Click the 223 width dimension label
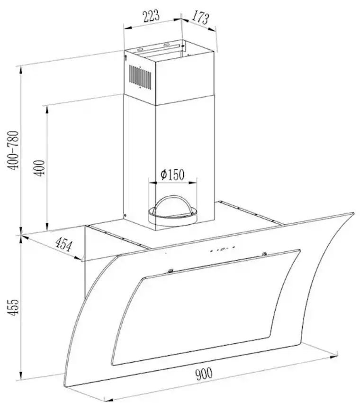151,16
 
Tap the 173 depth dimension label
200,17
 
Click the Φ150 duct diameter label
172,174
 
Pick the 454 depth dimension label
63,245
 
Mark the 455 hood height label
13,307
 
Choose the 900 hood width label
204,374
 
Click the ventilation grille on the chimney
140,77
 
